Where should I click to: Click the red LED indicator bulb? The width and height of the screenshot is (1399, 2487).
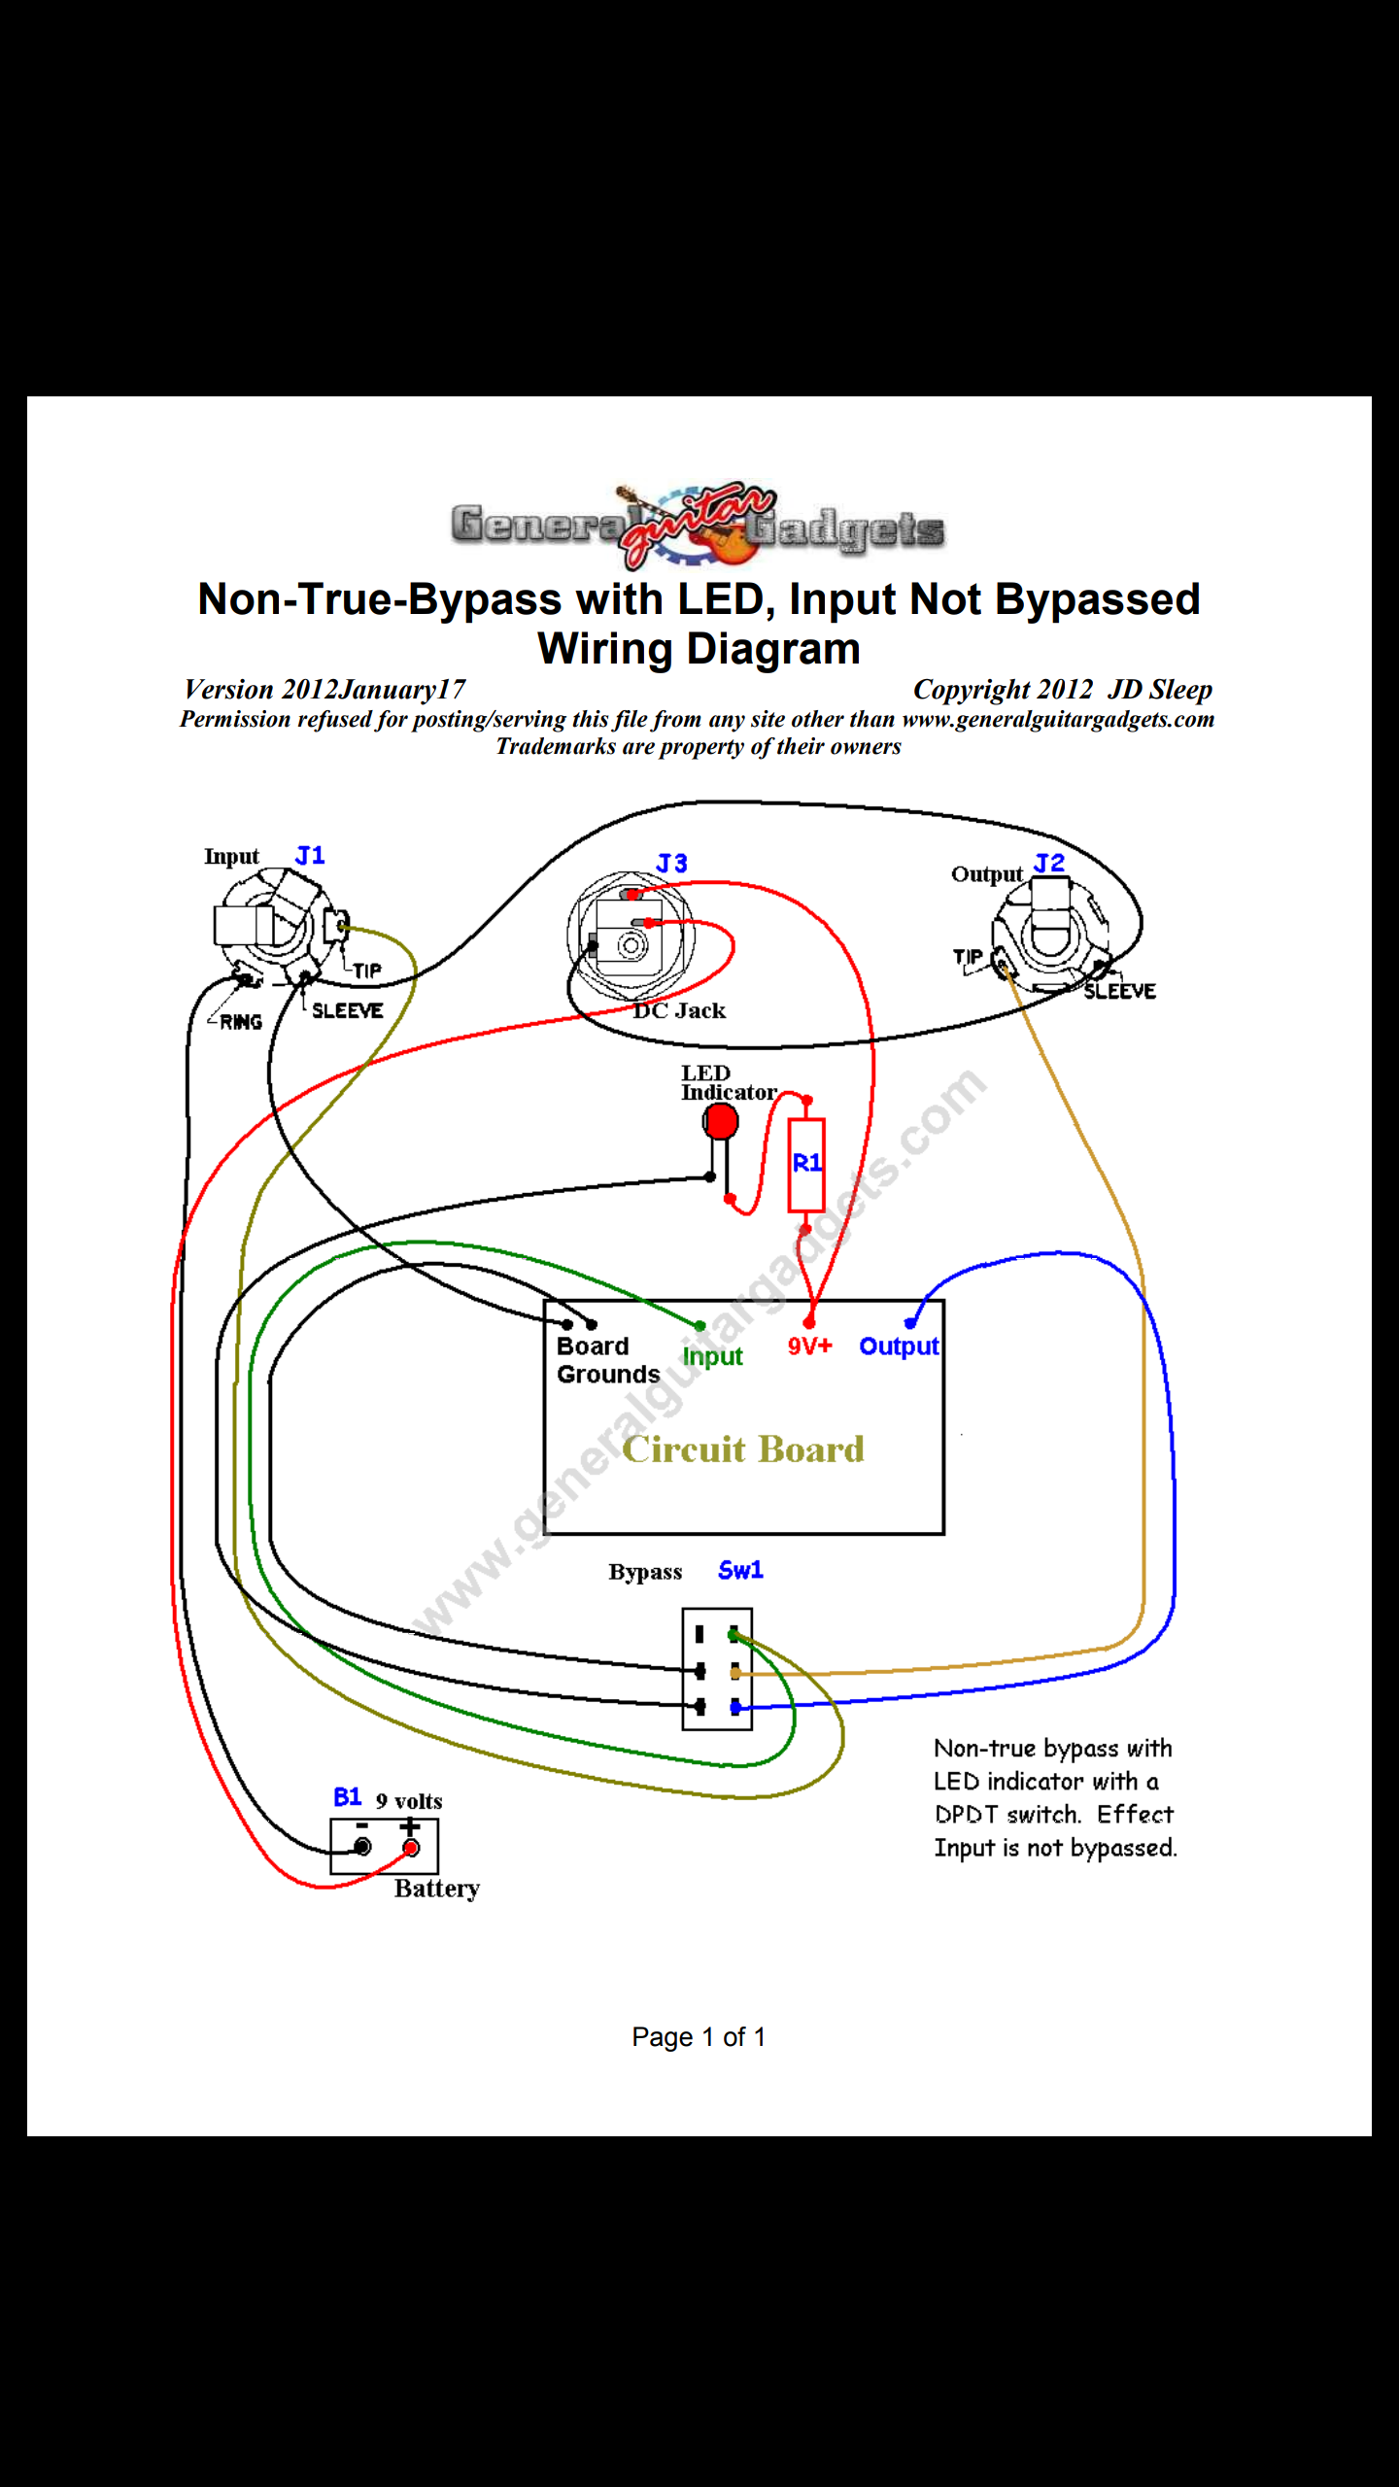pyautogui.click(x=720, y=1122)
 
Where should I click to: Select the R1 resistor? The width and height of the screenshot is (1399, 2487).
pyautogui.click(x=805, y=1164)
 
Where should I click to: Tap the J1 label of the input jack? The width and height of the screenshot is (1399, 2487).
pyautogui.click(x=310, y=856)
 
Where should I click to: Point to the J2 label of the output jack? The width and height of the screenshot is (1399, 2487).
pyautogui.click(x=1049, y=864)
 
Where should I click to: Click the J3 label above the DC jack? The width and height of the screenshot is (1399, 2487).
pyautogui.click(x=671, y=864)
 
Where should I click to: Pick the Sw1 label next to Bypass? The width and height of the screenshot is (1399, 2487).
pyautogui.click(x=740, y=1571)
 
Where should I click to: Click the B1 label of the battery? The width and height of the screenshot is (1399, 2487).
pyautogui.click(x=347, y=1797)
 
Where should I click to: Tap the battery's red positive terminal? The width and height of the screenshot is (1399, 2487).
pyautogui.click(x=411, y=1848)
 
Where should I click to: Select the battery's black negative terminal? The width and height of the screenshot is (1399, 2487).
pyautogui.click(x=362, y=1847)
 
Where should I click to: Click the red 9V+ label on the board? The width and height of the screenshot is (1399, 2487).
pyautogui.click(x=809, y=1346)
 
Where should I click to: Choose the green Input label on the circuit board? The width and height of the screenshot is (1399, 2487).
pyautogui.click(x=712, y=1357)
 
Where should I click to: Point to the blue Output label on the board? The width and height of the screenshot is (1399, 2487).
pyautogui.click(x=899, y=1347)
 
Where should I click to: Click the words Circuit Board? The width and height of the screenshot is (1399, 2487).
pyautogui.click(x=743, y=1449)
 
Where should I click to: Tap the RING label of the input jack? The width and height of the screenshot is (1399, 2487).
pyautogui.click(x=240, y=1022)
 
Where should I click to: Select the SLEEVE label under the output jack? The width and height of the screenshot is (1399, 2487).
pyautogui.click(x=1120, y=992)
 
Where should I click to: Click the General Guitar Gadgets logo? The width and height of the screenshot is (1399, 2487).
pyautogui.click(x=698, y=526)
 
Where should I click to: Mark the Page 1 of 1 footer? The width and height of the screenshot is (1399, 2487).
pyautogui.click(x=699, y=2037)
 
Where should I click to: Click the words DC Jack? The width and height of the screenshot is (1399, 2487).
pyautogui.click(x=680, y=1011)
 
